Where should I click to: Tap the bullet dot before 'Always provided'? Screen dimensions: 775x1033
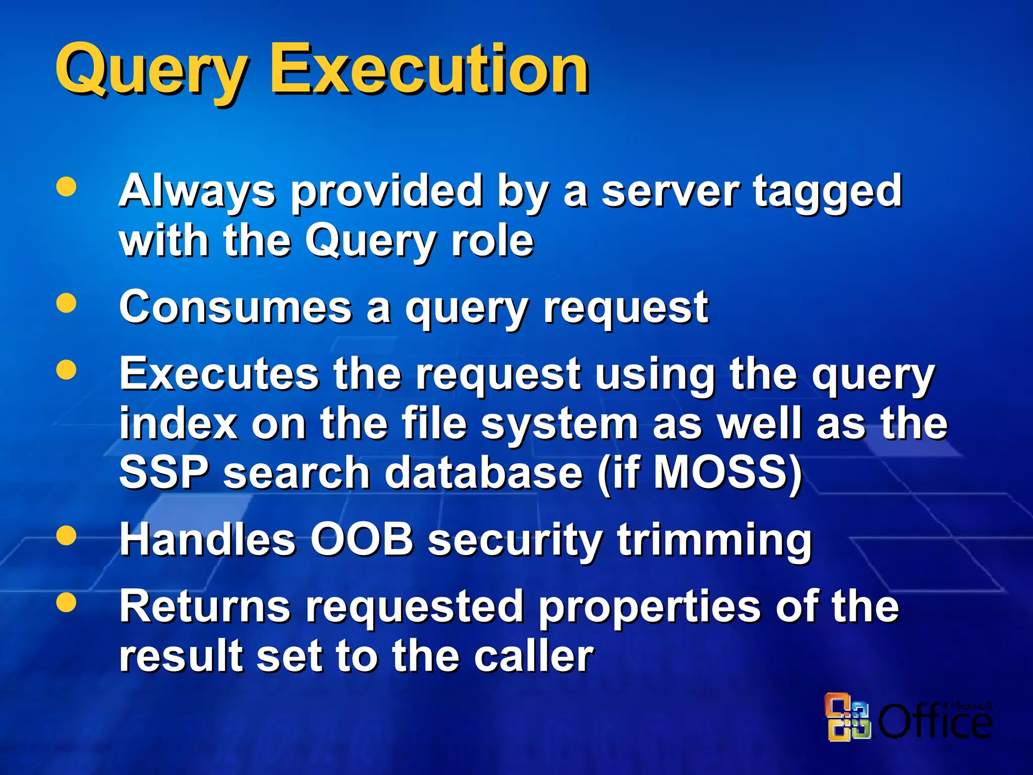click(x=66, y=186)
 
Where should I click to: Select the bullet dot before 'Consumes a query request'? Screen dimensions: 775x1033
click(x=66, y=303)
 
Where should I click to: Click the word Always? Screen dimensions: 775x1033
click(x=197, y=192)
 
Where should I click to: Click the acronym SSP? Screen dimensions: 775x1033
click(x=164, y=472)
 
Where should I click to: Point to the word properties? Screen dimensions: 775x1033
click(x=651, y=608)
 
